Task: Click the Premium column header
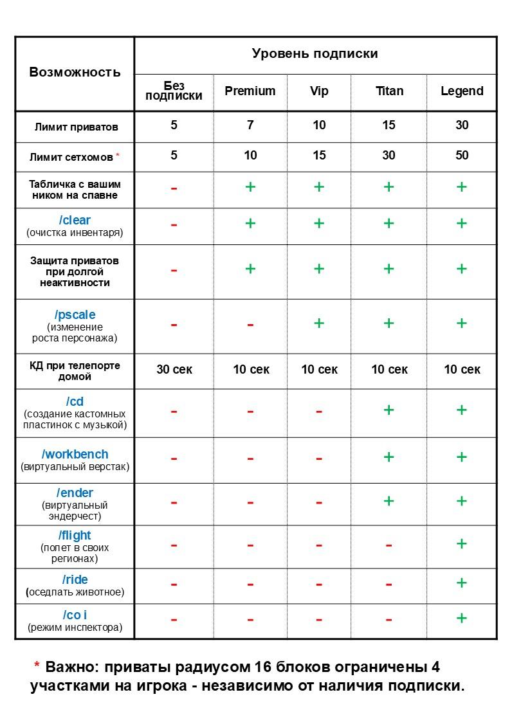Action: click(250, 91)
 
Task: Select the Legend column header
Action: click(461, 91)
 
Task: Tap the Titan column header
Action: click(389, 91)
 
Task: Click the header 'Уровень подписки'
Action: click(315, 54)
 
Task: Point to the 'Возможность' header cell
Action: click(75, 72)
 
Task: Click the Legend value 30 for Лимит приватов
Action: click(461, 125)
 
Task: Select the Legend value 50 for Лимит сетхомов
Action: click(461, 156)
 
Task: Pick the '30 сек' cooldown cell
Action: click(174, 370)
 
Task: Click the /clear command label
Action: click(75, 221)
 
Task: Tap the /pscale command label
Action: click(75, 315)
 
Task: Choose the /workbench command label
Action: click(75, 455)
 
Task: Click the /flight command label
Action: click(75, 536)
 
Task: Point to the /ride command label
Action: click(75, 580)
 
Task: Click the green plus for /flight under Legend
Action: click(461, 544)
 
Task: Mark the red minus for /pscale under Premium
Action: click(250, 325)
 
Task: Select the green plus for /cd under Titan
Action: click(389, 410)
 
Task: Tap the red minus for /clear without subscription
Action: click(174, 225)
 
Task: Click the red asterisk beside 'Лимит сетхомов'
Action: click(118, 156)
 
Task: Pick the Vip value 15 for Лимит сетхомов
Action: click(319, 156)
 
